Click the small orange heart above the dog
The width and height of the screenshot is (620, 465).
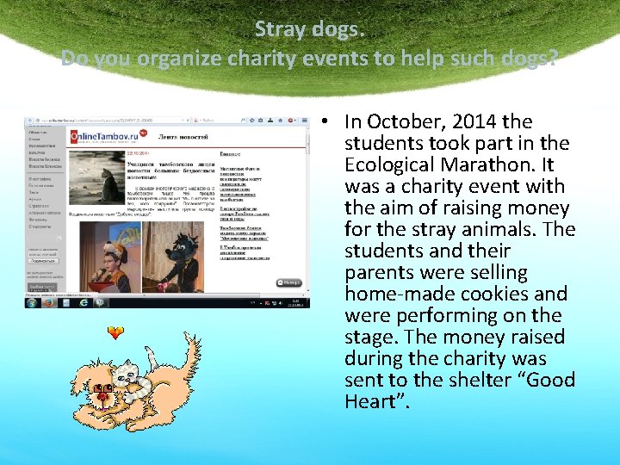click(115, 332)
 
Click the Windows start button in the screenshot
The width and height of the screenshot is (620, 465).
click(32, 302)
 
